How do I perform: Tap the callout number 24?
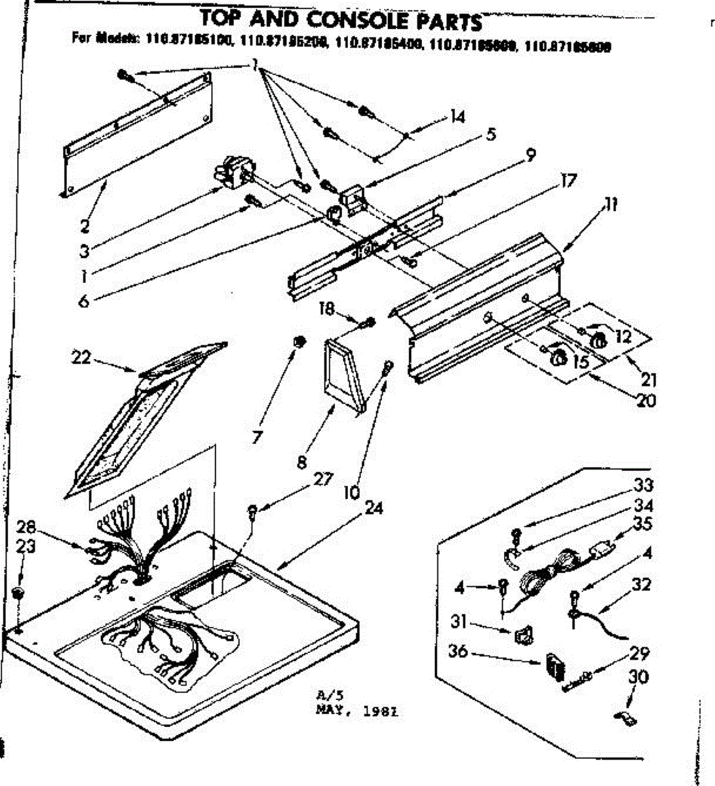click(x=374, y=508)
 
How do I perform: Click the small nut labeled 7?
click(x=298, y=341)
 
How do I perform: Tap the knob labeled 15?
click(x=558, y=357)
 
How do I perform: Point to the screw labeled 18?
click(x=368, y=322)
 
